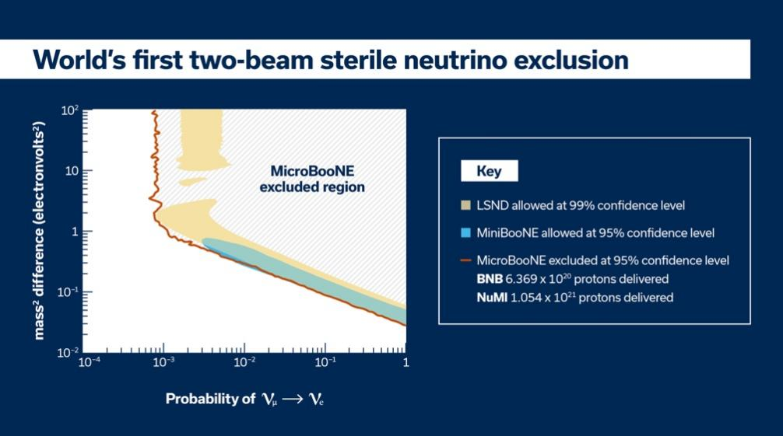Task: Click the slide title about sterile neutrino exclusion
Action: click(x=331, y=61)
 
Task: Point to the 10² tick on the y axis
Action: click(x=70, y=110)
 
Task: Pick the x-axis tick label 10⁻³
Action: click(x=163, y=363)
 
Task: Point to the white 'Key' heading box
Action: click(x=489, y=172)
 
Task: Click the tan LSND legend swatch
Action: click(x=465, y=206)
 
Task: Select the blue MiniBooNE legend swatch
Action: click(x=465, y=232)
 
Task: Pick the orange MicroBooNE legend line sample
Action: click(x=465, y=260)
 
